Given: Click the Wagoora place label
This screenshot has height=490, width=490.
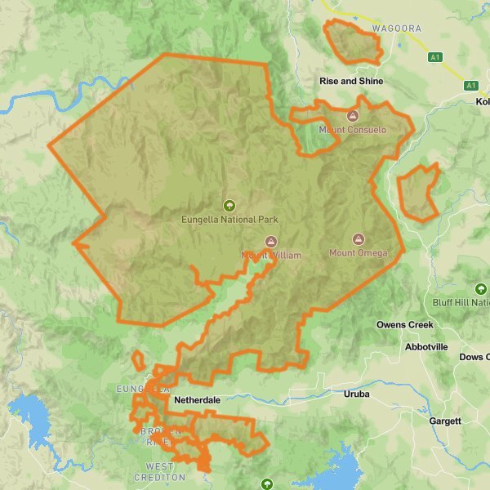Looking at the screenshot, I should [396, 29].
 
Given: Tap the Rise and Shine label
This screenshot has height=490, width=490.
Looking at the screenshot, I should [350, 82].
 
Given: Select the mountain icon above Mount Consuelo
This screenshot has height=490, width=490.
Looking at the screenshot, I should [353, 116].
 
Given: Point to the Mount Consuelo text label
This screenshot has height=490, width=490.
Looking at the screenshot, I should [353, 130].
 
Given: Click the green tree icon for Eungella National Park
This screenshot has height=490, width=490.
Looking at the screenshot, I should [229, 206].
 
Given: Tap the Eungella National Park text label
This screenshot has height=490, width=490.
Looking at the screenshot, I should [229, 220].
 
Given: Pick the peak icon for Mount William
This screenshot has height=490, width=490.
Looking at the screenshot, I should [271, 242].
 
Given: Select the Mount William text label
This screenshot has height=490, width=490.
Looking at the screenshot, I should [271, 256].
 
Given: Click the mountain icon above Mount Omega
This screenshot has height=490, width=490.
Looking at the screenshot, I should [358, 239].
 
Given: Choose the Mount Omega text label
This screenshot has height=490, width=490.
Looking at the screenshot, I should [358, 253].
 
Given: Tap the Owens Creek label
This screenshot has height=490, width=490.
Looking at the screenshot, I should [405, 325].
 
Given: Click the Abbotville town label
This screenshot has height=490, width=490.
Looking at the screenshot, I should [426, 347].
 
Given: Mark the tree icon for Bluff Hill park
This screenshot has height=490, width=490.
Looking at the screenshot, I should [481, 289].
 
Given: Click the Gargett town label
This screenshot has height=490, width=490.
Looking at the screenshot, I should [445, 421].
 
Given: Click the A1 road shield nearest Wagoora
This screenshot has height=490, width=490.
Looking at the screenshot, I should [436, 57].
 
